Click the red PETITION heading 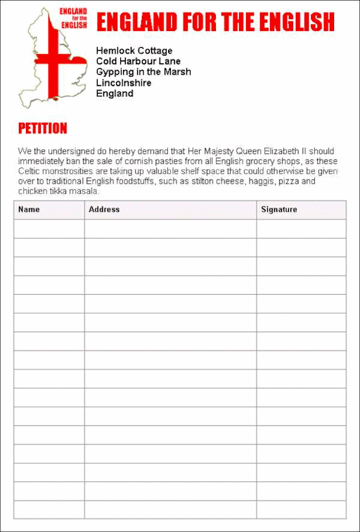[x=43, y=129]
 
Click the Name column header [x=29, y=209]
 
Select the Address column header [x=104, y=209]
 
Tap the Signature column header [x=279, y=209]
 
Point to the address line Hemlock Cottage [x=134, y=51]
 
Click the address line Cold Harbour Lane [x=139, y=61]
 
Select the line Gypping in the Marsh [x=143, y=72]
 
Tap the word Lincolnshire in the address [x=124, y=82]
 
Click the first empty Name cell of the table [x=49, y=229]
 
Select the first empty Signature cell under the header [x=301, y=229]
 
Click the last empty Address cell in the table [x=170, y=509]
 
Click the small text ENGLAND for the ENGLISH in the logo [x=74, y=18]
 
